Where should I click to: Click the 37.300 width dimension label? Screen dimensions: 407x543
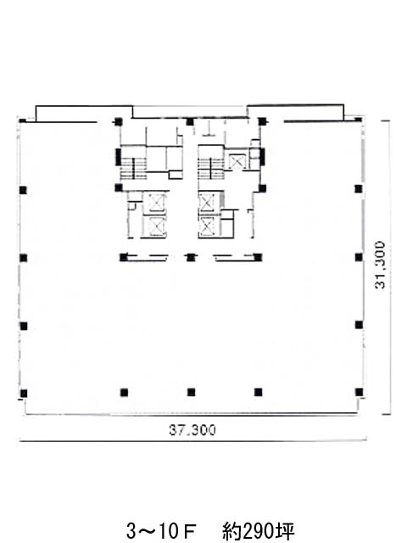(192, 430)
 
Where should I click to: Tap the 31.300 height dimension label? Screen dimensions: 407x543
(380, 265)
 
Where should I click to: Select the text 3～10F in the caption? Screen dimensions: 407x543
(162, 531)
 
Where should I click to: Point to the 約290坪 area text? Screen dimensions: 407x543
(259, 531)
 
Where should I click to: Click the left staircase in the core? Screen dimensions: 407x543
(134, 169)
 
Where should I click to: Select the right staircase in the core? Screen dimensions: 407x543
(211, 169)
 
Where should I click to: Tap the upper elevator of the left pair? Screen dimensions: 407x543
(154, 202)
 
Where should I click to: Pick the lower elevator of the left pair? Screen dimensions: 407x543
(154, 227)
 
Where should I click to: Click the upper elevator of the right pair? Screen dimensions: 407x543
(207, 202)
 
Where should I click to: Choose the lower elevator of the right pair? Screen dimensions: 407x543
(207, 227)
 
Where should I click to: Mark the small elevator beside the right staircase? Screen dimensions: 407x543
(237, 161)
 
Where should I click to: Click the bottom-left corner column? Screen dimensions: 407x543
(24, 394)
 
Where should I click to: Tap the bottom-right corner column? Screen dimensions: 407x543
(359, 392)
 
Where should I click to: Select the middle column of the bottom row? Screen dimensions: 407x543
(191, 392)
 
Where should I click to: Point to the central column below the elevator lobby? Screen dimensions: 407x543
(190, 257)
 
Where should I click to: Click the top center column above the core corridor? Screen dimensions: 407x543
(190, 121)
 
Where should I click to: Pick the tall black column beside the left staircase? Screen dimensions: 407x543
(118, 156)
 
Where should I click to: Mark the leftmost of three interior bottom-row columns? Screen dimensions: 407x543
(124, 392)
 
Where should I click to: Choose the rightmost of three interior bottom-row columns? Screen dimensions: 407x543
(258, 392)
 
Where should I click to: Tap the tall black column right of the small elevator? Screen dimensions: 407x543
(262, 156)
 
